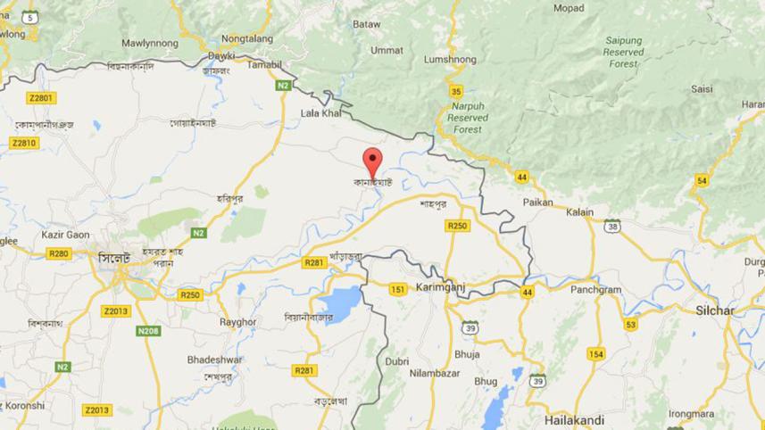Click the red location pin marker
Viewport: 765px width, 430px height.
pyautogui.click(x=373, y=163)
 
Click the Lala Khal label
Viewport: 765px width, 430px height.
pyautogui.click(x=321, y=113)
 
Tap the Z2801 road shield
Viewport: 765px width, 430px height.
pyautogui.click(x=41, y=97)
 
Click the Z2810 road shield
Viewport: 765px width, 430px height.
pyautogui.click(x=24, y=143)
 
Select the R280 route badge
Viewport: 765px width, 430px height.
pyautogui.click(x=59, y=253)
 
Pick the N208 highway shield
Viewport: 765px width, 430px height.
pyautogui.click(x=148, y=331)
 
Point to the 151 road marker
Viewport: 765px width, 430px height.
pyautogui.click(x=398, y=289)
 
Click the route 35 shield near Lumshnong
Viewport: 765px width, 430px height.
pyautogui.click(x=456, y=91)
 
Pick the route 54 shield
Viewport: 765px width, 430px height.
pyautogui.click(x=702, y=181)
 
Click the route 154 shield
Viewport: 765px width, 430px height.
pyautogui.click(x=595, y=354)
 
